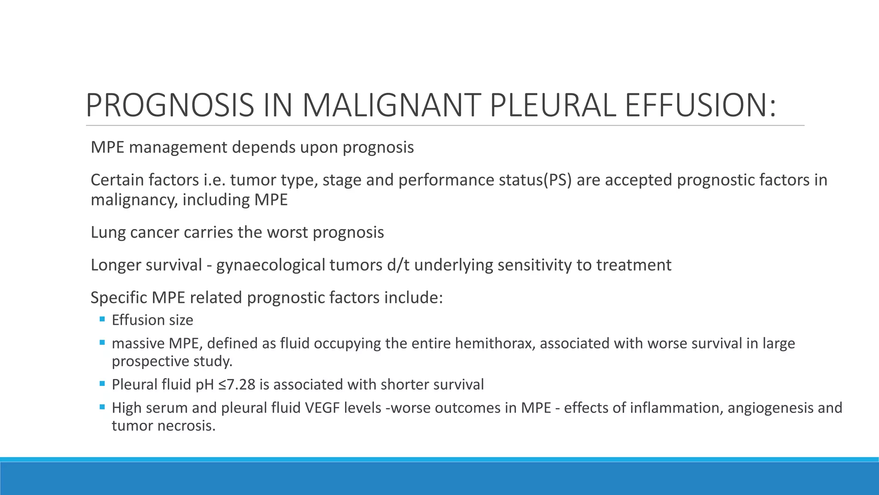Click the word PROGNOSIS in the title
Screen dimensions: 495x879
coord(170,106)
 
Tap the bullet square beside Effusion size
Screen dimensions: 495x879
coord(102,319)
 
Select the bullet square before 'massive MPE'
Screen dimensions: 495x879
coord(102,342)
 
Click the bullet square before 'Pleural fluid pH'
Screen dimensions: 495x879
coord(102,383)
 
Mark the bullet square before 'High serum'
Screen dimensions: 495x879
coord(102,406)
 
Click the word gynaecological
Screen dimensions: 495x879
coord(270,265)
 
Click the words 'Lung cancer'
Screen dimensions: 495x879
coord(135,232)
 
